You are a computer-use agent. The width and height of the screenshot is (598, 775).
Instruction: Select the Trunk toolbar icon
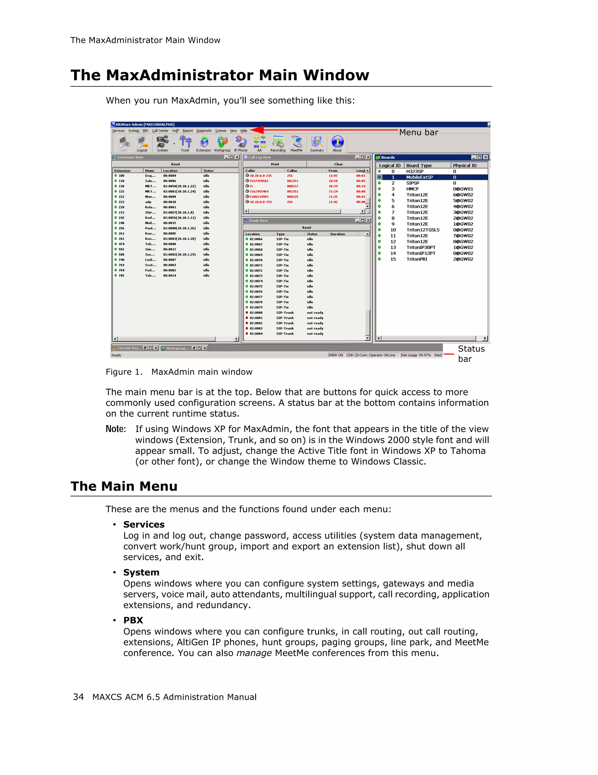tap(185, 143)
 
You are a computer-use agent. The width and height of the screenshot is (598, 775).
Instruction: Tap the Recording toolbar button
tap(278, 143)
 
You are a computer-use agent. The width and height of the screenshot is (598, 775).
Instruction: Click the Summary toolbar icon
tap(317, 143)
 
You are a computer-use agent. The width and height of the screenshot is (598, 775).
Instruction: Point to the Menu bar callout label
tap(418, 132)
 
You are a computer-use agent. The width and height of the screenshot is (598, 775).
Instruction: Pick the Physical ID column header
tap(465, 165)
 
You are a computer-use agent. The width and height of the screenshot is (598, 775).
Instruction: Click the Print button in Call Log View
tap(275, 164)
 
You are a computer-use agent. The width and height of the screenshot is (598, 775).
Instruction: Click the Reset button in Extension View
tap(175, 164)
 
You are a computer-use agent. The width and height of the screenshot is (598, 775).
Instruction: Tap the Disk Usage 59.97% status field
tap(416, 355)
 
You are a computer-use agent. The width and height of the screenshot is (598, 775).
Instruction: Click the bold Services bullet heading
tap(144, 525)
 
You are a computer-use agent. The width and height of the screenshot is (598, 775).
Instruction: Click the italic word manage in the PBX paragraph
tap(254, 653)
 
